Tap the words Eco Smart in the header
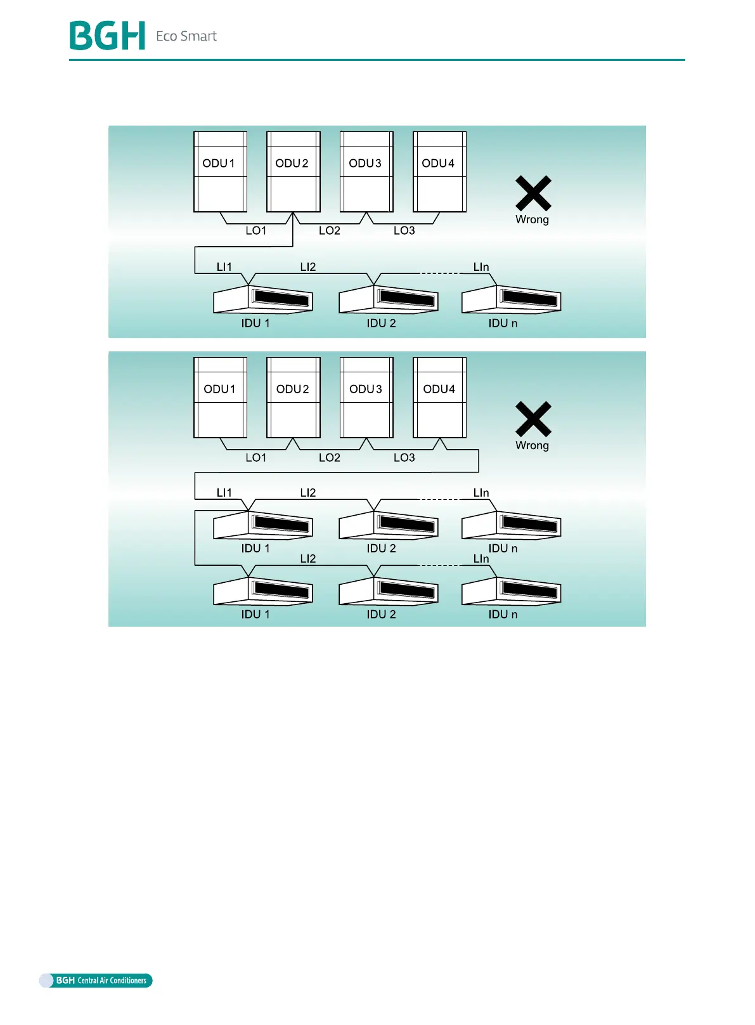186,36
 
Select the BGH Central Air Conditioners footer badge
96,980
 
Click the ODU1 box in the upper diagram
220,172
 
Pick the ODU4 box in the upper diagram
439,172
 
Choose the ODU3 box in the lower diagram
366,398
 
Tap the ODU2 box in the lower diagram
293,398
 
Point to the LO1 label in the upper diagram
256,231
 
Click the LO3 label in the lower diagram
404,457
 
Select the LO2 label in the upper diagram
330,231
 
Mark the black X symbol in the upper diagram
533,193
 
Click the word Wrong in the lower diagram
532,445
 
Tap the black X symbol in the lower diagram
533,419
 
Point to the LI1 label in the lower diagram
224,493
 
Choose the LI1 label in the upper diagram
224,267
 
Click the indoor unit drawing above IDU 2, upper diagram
388,299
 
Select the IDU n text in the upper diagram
503,323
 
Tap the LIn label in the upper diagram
481,267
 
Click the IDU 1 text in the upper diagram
255,323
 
